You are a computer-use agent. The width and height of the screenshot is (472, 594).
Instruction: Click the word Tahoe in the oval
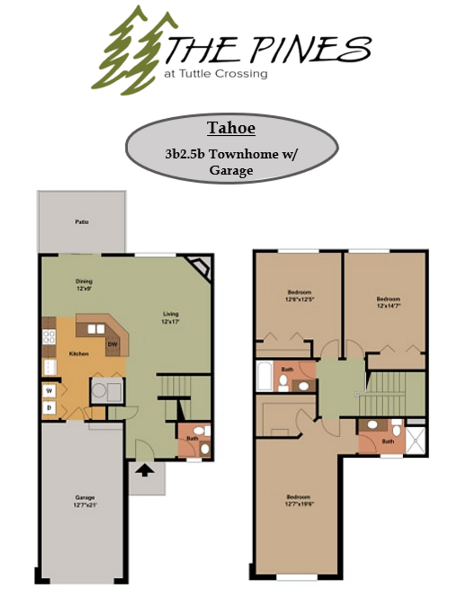(x=231, y=128)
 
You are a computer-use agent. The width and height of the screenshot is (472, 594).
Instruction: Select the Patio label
(x=82, y=223)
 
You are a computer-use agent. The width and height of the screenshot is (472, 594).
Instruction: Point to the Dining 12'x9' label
(x=84, y=284)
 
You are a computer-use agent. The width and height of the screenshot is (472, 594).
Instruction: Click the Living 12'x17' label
(x=171, y=317)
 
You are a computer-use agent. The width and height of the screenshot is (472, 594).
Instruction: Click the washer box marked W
(x=49, y=391)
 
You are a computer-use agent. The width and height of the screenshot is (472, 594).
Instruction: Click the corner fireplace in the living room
(x=200, y=268)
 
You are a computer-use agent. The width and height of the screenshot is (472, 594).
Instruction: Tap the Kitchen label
(x=79, y=354)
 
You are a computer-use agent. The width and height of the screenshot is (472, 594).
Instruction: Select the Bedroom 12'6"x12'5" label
(x=299, y=295)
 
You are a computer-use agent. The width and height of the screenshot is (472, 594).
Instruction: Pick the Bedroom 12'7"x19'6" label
(x=299, y=500)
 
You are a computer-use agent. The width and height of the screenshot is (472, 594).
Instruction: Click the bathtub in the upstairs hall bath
(x=265, y=376)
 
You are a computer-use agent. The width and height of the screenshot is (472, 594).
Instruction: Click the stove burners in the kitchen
(x=48, y=337)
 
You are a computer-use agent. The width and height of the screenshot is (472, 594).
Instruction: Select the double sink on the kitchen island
(x=96, y=329)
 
